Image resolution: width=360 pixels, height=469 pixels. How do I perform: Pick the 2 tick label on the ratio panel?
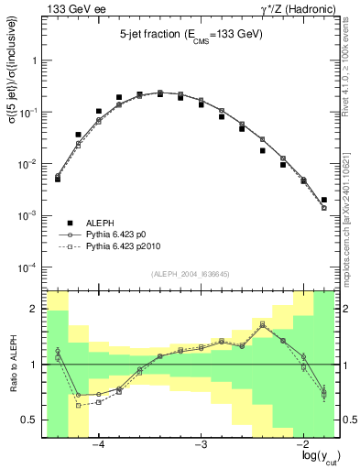(x=35, y=309)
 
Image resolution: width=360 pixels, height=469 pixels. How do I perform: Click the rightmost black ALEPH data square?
(x=324, y=200)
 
